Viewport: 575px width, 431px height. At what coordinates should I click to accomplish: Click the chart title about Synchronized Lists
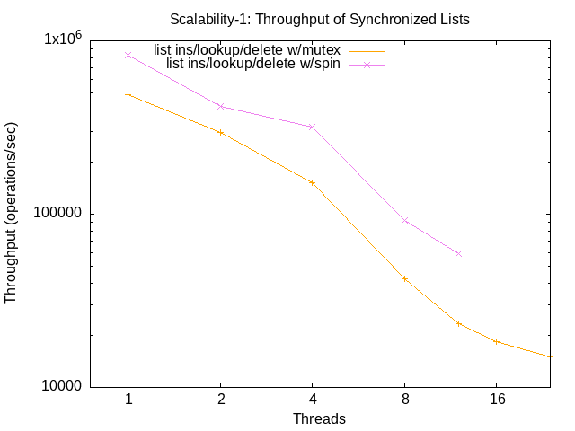click(319, 18)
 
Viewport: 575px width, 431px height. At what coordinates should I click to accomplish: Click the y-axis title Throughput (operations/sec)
click(12, 213)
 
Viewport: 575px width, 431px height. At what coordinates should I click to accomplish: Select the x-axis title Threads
click(319, 418)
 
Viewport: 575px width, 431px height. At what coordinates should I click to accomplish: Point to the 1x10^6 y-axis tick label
click(63, 40)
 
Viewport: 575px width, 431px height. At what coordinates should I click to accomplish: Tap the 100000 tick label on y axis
click(57, 214)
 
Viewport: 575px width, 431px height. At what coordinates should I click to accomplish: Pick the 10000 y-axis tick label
click(61, 387)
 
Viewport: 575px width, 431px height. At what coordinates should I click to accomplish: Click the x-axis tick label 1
click(128, 399)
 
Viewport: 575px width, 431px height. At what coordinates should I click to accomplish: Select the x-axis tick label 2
click(220, 399)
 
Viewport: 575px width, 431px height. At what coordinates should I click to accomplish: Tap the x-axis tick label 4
click(312, 399)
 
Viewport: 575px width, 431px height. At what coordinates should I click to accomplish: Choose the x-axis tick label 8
click(404, 399)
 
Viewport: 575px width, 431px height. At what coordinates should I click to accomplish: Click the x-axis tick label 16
click(496, 399)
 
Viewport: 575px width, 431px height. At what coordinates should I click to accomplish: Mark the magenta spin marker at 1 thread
click(128, 55)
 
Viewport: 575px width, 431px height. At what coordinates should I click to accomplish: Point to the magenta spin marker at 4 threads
click(312, 127)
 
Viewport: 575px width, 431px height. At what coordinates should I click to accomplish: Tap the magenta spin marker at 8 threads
click(404, 220)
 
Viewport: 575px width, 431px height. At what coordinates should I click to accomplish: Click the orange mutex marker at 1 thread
click(128, 94)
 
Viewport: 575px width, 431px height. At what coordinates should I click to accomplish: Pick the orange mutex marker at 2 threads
click(220, 132)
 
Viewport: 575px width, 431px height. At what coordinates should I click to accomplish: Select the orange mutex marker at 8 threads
click(404, 278)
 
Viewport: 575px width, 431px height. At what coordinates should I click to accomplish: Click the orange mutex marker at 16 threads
click(496, 341)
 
